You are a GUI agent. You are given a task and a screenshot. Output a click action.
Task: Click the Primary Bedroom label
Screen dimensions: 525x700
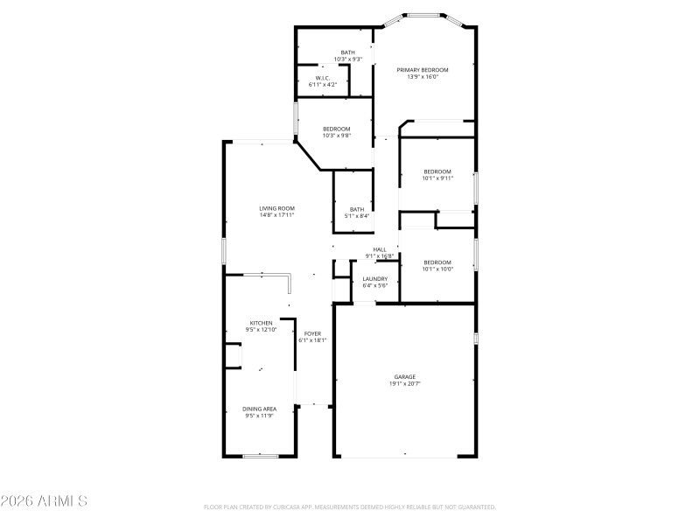[x=423, y=70]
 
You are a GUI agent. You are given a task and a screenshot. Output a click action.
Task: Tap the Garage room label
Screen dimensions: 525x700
[x=404, y=377]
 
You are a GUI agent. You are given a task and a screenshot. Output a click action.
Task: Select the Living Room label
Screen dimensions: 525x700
[x=276, y=208]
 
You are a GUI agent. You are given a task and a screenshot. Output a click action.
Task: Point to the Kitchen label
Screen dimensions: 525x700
[x=261, y=323]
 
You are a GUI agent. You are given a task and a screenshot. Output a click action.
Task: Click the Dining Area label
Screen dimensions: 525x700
[x=259, y=409]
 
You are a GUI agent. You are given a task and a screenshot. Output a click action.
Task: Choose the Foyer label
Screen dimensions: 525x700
[x=312, y=333]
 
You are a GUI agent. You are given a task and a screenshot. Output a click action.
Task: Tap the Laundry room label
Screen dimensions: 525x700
[x=375, y=279]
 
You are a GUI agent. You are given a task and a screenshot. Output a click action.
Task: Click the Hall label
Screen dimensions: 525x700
[x=380, y=249]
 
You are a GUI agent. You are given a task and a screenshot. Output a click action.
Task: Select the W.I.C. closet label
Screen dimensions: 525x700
[x=322, y=78]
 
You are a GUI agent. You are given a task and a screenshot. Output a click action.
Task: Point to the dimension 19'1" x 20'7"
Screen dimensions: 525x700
[x=405, y=384]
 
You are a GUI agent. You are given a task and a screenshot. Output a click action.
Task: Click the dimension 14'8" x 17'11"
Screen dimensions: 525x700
[x=276, y=215]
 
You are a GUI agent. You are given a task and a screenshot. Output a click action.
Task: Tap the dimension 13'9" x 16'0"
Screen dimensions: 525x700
[x=423, y=77]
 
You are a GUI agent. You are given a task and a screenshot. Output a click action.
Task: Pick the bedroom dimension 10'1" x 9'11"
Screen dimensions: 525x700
[x=437, y=178]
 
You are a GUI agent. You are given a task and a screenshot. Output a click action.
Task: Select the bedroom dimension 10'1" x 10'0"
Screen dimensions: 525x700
[x=437, y=269]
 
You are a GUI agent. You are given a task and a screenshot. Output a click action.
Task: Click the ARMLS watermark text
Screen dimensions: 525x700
[x=45, y=501]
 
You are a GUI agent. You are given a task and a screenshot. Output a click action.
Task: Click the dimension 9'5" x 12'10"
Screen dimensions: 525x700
[x=261, y=330]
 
